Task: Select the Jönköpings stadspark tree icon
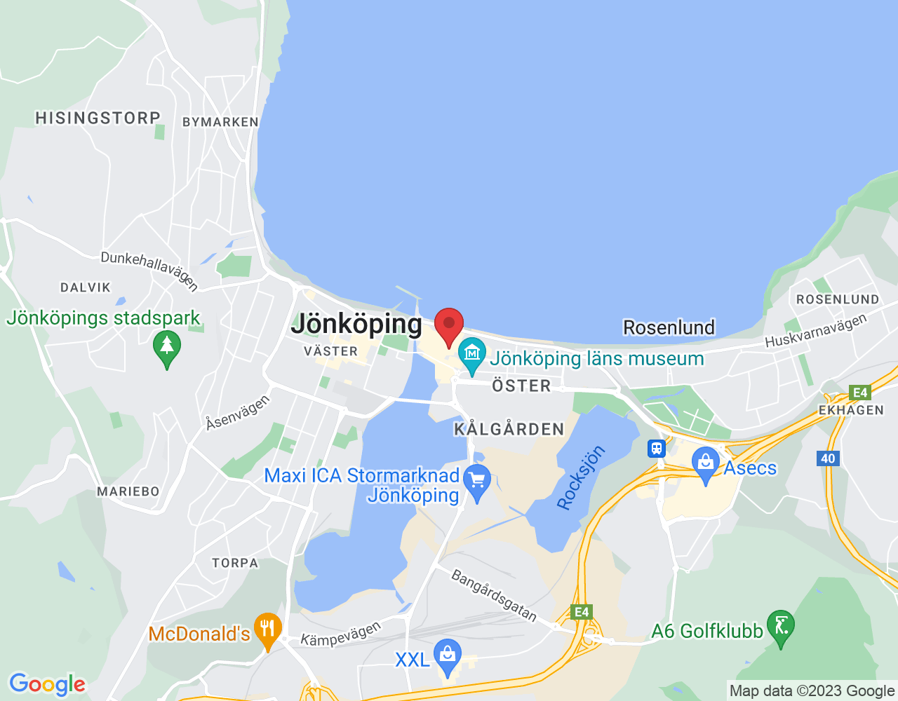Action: pos(166,347)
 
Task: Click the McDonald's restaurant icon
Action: pos(267,628)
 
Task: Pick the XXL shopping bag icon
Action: pos(447,655)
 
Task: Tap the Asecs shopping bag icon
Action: pos(706,463)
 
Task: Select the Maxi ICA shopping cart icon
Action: pos(478,481)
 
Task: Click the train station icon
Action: pos(657,448)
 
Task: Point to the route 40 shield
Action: pos(829,458)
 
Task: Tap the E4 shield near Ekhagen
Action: pos(859,393)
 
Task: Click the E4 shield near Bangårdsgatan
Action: pos(582,612)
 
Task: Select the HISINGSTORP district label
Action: pos(98,118)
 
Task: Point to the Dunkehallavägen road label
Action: pos(149,270)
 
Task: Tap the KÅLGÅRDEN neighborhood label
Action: pos(509,429)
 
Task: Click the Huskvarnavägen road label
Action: pos(816,331)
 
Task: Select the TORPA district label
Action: pos(235,563)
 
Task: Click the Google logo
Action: pos(47,684)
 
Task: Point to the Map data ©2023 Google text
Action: pos(812,690)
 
